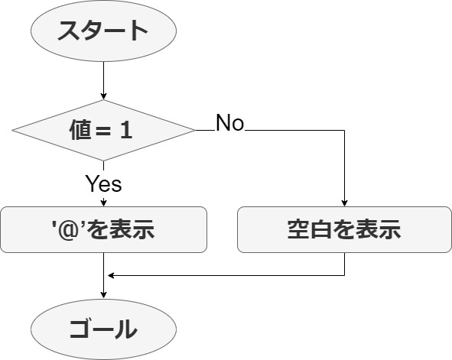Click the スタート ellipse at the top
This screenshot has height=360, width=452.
point(103,31)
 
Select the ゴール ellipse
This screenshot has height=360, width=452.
point(103,329)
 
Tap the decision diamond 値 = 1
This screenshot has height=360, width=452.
point(103,130)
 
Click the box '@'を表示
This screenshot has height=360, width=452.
point(103,229)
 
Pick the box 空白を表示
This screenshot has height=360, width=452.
point(344,229)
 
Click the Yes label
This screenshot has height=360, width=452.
point(103,183)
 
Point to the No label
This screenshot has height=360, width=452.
point(229,123)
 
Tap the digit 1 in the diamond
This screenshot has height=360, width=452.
point(126,130)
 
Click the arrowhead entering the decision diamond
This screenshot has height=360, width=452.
point(103,96)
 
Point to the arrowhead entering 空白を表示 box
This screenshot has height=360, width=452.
point(344,203)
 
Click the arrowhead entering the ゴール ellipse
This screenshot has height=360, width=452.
point(103,296)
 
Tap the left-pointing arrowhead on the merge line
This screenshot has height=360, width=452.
point(111,276)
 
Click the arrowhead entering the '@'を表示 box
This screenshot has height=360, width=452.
point(103,203)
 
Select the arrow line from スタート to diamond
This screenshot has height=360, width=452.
point(103,80)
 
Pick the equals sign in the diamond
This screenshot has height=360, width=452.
point(102,131)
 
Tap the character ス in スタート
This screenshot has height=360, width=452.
point(69,31)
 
